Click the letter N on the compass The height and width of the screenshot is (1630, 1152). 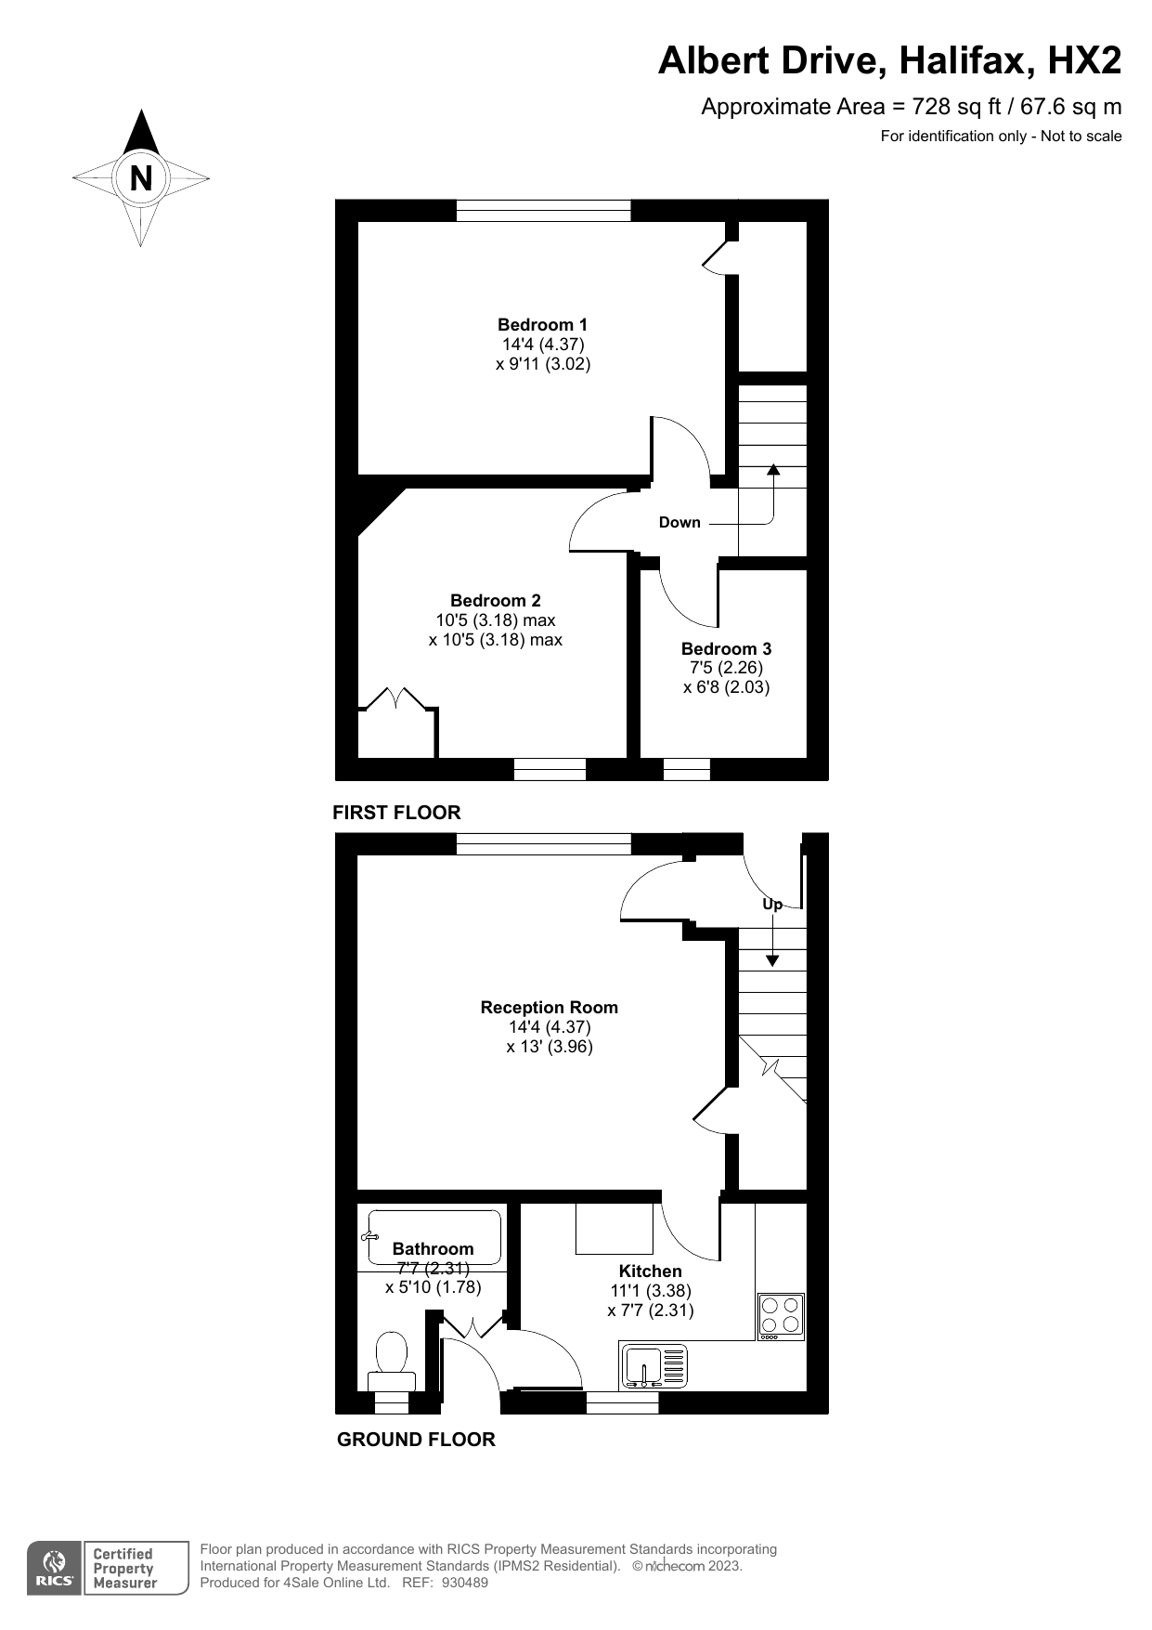pyautogui.click(x=141, y=177)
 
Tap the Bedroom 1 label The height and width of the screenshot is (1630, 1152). pyautogui.click(x=542, y=324)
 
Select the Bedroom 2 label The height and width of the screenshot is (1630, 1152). pyautogui.click(x=496, y=600)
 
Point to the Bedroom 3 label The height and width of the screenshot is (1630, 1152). pyautogui.click(x=726, y=648)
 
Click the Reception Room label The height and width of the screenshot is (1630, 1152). pyautogui.click(x=549, y=1007)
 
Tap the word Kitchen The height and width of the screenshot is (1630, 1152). pyautogui.click(x=651, y=1271)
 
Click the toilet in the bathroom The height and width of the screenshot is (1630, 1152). pyautogui.click(x=392, y=1362)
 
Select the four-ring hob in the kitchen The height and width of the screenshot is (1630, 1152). pyautogui.click(x=781, y=1316)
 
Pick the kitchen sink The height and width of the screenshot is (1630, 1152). pyautogui.click(x=654, y=1366)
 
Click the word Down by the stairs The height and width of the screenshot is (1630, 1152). pyautogui.click(x=680, y=522)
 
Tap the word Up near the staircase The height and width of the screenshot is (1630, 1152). pyautogui.click(x=772, y=904)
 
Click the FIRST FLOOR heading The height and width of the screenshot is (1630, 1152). pyautogui.click(x=396, y=813)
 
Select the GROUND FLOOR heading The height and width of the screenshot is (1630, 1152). pyautogui.click(x=416, y=1440)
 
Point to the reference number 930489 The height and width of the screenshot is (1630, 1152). pyautogui.click(x=464, y=1583)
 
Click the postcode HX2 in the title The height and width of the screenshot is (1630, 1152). pyautogui.click(x=1084, y=61)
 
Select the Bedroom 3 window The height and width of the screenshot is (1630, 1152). pyautogui.click(x=687, y=769)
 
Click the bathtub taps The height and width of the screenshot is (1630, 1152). pyautogui.click(x=369, y=1236)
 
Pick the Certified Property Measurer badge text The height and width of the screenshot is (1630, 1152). pyautogui.click(x=125, y=1569)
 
